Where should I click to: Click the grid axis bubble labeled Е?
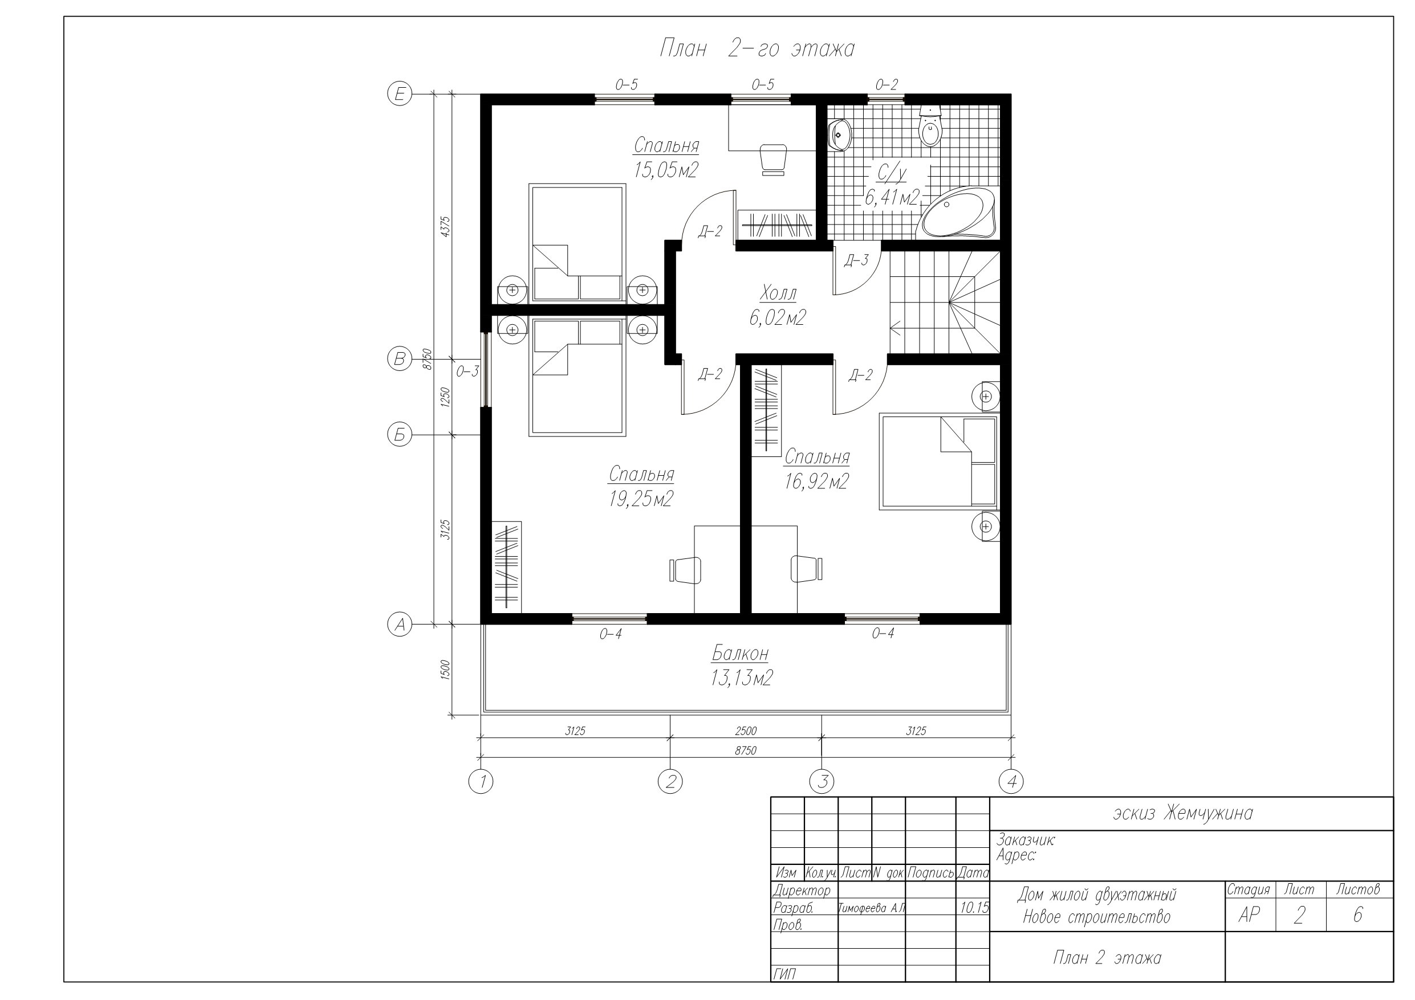[x=399, y=94]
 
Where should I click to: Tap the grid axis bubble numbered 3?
[x=822, y=782]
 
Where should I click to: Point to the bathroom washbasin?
[x=839, y=134]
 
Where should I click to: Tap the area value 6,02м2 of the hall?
[x=777, y=318]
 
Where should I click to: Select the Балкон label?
[x=740, y=652]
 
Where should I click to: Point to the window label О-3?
[x=467, y=372]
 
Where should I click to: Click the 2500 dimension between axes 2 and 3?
[x=746, y=730]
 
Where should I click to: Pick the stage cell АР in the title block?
[x=1249, y=916]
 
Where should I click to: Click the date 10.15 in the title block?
[x=974, y=908]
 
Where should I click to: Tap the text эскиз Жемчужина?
[x=1182, y=813]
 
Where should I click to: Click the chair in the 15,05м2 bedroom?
[x=774, y=160]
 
